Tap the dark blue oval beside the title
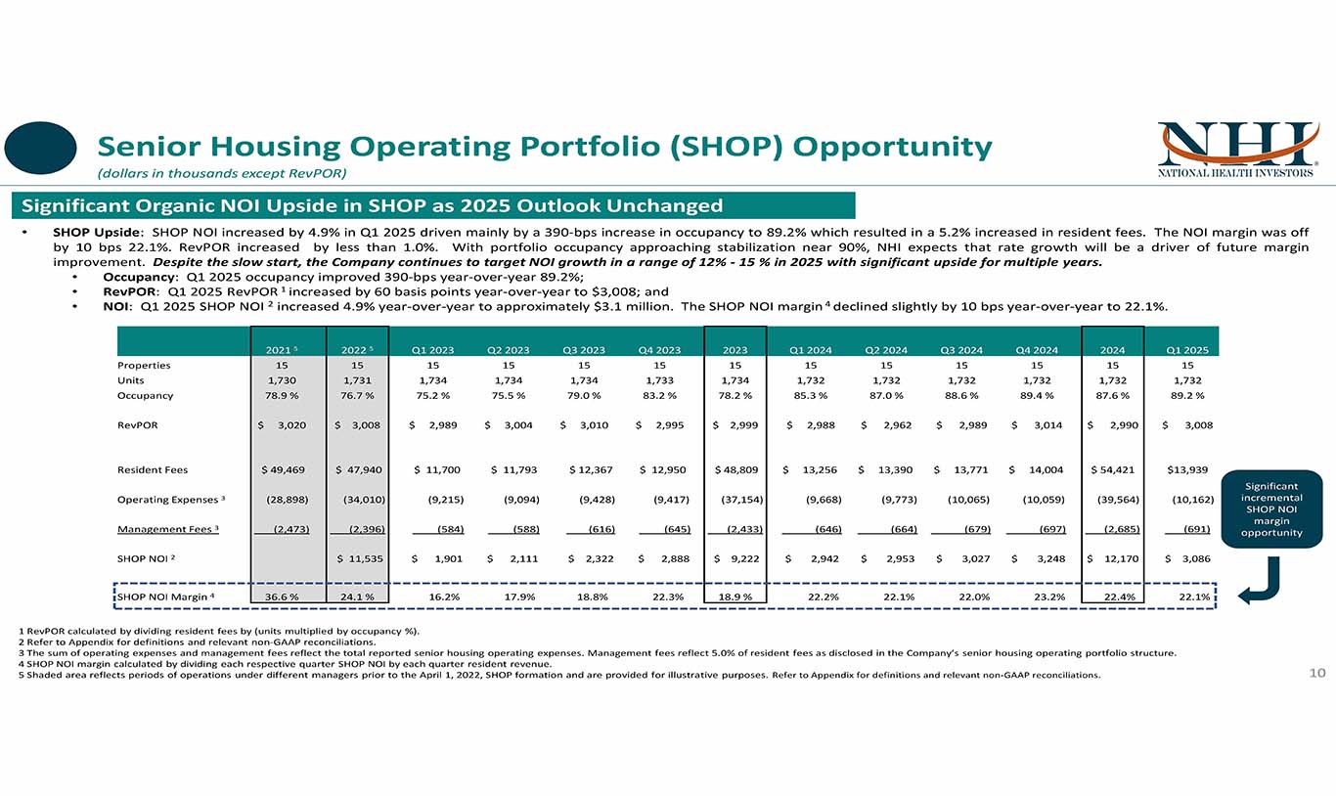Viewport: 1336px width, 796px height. click(40, 148)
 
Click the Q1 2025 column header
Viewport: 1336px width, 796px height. click(1187, 349)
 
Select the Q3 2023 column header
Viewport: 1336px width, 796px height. click(584, 349)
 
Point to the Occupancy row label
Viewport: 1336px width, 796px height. click(145, 396)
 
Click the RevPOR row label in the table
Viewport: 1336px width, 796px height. click(137, 425)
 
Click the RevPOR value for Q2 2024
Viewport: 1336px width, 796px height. click(889, 425)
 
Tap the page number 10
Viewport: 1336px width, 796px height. click(1316, 673)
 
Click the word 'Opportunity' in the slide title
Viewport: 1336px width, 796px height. click(892, 148)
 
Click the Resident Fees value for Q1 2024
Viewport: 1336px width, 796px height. click(814, 470)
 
